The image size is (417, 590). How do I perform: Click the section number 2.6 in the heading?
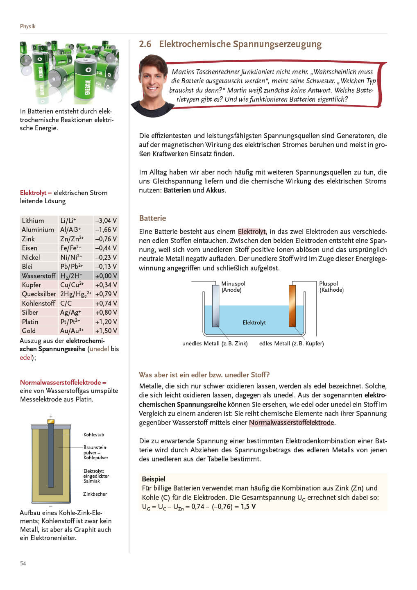point(145,44)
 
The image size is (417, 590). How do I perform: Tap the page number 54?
point(23,563)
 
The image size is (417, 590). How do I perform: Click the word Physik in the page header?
point(27,26)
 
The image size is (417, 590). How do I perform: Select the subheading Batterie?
point(152,218)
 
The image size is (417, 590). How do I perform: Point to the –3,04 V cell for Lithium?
point(106,220)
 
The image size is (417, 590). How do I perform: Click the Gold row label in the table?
point(29,331)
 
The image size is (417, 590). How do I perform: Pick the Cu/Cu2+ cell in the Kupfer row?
point(72,285)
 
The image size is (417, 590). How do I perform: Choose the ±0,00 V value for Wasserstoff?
point(106,276)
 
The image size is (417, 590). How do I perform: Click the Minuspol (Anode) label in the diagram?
point(233,286)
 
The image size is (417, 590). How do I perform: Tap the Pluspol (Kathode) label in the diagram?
point(331,286)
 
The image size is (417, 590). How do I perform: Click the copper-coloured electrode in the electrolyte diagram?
point(292,305)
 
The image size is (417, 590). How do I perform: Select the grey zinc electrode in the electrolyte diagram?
point(215,305)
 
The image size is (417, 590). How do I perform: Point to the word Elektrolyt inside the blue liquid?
point(254,322)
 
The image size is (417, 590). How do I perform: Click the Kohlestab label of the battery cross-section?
point(94,435)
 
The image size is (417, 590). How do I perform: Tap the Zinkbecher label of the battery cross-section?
point(95,494)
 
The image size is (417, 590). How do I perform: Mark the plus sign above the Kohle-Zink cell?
point(51,417)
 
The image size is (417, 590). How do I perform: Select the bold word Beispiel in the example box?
point(154,479)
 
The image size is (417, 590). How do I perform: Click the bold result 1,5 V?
point(248,507)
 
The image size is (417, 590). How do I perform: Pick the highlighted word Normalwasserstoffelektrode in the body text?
point(291,422)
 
